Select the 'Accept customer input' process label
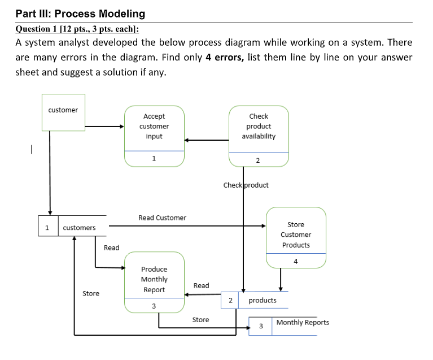point(154,126)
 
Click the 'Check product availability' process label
point(259,126)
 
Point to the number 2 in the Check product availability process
point(258,161)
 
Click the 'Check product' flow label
point(246,185)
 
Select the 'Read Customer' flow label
point(162,218)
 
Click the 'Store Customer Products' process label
point(296,235)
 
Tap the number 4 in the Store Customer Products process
point(296,261)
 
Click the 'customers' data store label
point(79,228)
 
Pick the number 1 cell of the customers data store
point(48,228)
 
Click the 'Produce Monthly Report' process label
point(154,279)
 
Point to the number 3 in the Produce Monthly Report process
point(154,306)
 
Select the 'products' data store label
point(263,300)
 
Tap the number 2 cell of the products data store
point(230,300)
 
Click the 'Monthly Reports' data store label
point(303,322)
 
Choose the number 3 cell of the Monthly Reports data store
point(261,326)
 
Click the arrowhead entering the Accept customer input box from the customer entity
point(121,126)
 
